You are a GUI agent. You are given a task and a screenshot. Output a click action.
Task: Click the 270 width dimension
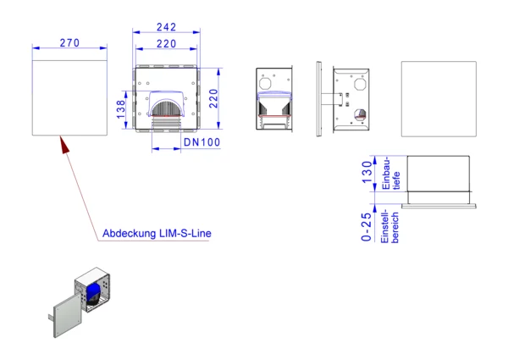[x=69, y=42]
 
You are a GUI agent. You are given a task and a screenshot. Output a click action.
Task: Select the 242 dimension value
[x=166, y=27]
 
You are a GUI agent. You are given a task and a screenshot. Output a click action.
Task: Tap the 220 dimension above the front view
[x=166, y=44]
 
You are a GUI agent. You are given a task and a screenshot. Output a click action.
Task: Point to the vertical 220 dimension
[x=213, y=98]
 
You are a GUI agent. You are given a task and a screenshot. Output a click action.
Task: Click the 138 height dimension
[x=120, y=109]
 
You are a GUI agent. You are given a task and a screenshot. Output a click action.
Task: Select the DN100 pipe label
[x=202, y=142]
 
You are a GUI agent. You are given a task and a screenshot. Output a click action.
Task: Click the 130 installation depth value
[x=367, y=173]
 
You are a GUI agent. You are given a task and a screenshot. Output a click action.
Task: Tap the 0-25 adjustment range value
[x=367, y=227]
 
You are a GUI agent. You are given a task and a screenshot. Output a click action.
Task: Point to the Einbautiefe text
[x=390, y=174]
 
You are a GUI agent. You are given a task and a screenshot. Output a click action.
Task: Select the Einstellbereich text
[x=389, y=226]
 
